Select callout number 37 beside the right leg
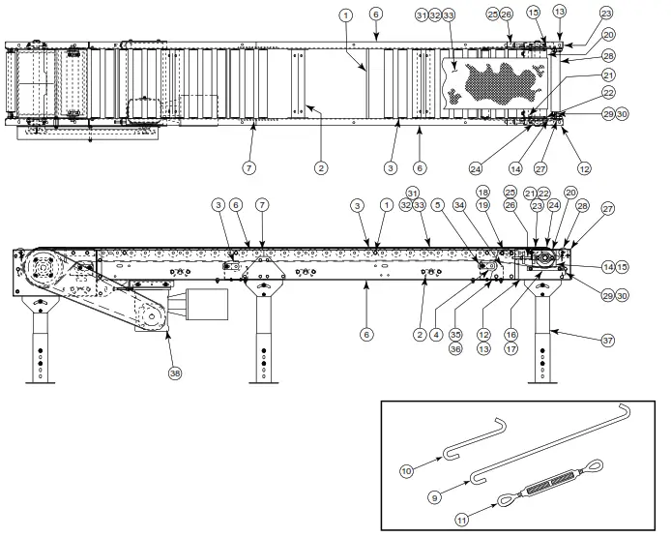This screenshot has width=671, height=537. pos(608,340)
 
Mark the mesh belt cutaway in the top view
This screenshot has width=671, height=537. pos(493,84)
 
